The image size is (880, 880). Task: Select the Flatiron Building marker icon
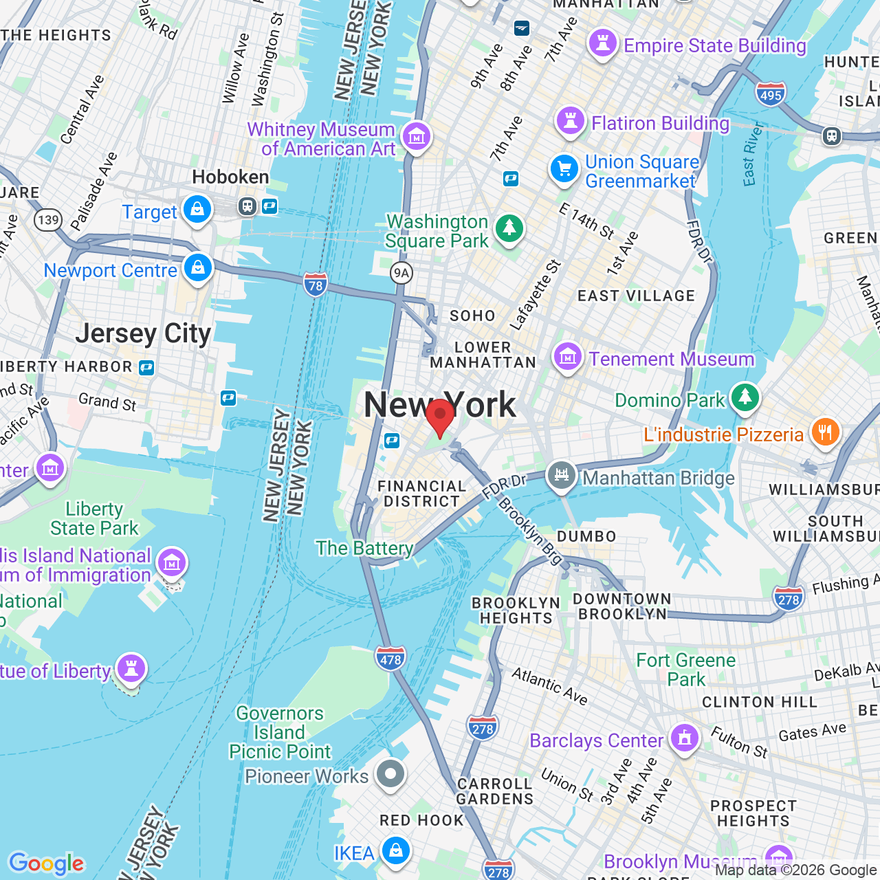(570, 121)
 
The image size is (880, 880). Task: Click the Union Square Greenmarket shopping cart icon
(564, 168)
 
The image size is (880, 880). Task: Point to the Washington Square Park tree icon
(509, 228)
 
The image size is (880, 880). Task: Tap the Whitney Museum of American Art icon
(416, 137)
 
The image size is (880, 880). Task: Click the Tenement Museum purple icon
(568, 357)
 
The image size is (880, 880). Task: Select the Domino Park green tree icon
(745, 397)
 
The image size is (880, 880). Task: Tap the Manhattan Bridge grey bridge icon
(562, 475)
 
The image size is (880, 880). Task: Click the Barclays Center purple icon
(684, 738)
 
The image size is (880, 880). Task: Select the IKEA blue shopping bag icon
(395, 850)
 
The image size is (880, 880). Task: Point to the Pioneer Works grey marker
(390, 774)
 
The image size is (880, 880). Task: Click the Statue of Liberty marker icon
(131, 668)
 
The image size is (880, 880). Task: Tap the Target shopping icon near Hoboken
(197, 210)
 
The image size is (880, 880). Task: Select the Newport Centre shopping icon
(198, 267)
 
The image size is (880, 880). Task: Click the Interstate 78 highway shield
(316, 285)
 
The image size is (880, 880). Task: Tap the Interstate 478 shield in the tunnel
(390, 659)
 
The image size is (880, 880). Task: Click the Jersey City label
(143, 334)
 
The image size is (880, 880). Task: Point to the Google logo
(47, 863)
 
